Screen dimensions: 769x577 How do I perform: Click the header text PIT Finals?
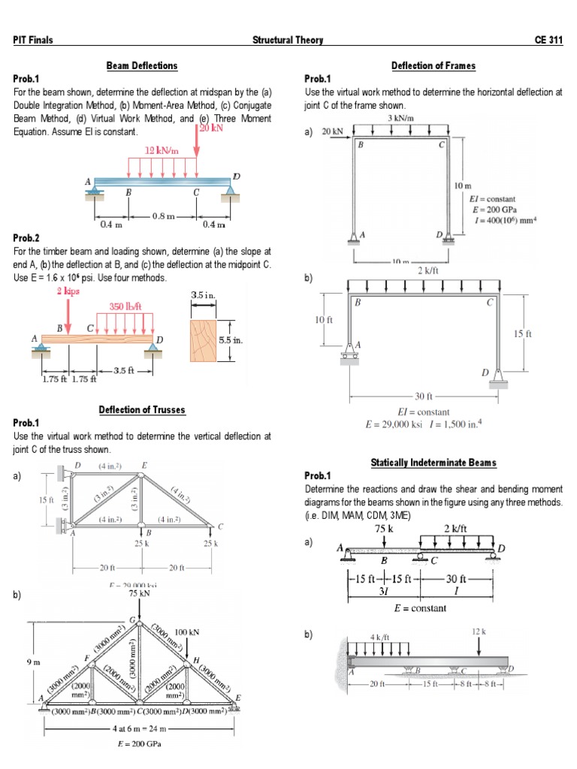click(x=33, y=41)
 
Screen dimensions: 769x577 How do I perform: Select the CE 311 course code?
click(x=548, y=41)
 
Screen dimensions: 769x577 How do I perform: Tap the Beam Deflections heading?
click(x=142, y=66)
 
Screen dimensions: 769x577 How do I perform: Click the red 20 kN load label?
click(x=213, y=128)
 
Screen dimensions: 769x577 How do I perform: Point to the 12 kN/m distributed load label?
click(x=163, y=151)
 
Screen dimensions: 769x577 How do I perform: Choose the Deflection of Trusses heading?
click(x=142, y=410)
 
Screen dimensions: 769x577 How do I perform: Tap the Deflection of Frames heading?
click(x=434, y=66)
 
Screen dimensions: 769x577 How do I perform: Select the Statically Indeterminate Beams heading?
click(x=434, y=462)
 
